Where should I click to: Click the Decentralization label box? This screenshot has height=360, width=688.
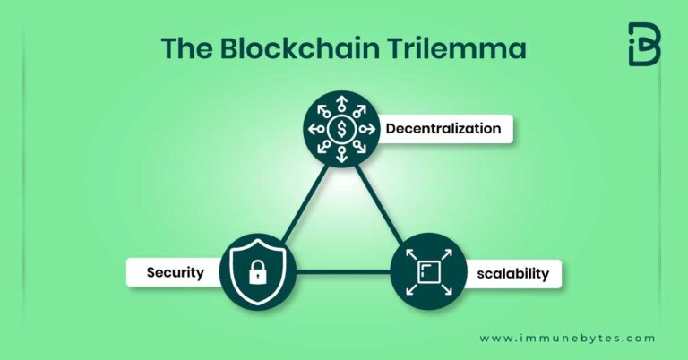click(443, 129)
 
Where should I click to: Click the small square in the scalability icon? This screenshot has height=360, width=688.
click(428, 270)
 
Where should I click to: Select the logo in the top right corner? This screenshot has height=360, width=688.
click(643, 44)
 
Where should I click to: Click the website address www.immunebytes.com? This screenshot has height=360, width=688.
click(567, 339)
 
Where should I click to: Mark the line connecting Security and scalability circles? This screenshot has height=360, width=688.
click(343, 270)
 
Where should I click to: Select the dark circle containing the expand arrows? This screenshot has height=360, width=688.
click(428, 270)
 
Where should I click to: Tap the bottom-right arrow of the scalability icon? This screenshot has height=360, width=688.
click(446, 287)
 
